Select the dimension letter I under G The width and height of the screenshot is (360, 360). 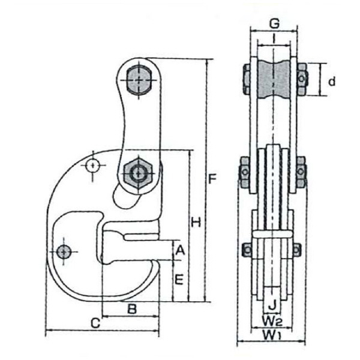pos(274,40)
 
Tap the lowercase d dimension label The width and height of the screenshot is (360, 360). pos(331,80)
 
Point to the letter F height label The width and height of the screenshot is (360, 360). pos(212,178)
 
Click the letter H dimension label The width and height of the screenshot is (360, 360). pos(196,223)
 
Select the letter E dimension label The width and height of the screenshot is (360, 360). pos(178,280)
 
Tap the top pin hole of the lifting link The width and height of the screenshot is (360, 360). pos(139,80)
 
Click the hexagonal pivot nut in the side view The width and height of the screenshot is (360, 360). pos(139,173)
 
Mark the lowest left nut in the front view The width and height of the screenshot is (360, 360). pos(246,249)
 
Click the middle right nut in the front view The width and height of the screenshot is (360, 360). pos(301,171)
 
